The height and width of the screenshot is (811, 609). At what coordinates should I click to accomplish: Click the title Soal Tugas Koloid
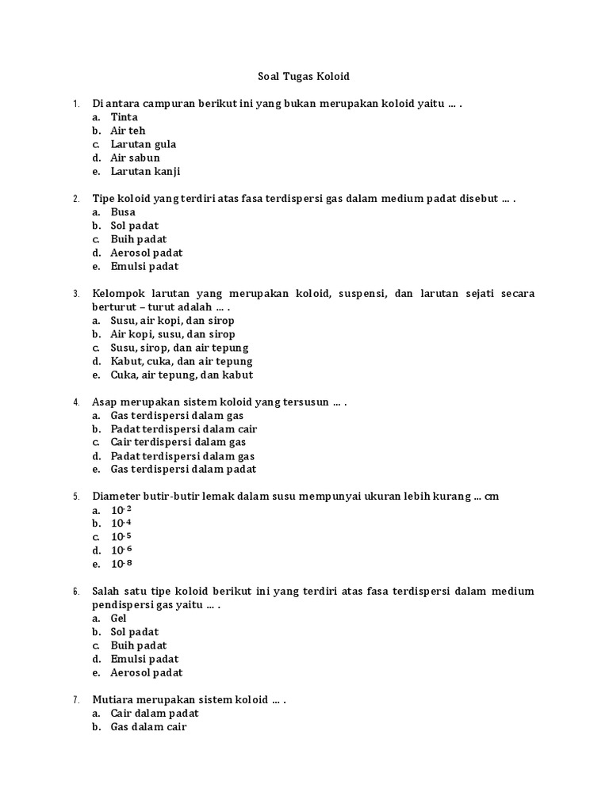[304, 77]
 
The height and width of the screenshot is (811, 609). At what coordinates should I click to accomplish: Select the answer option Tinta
[124, 117]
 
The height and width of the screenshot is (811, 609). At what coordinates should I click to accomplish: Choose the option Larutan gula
[143, 144]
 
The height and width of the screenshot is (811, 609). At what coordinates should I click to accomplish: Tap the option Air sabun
[135, 158]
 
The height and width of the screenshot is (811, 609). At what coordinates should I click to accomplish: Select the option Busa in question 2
[123, 212]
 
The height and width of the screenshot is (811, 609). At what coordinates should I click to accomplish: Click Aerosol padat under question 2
[146, 253]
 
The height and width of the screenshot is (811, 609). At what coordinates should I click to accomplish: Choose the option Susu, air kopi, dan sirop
[172, 321]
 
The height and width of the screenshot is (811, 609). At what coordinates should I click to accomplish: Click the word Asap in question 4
[105, 402]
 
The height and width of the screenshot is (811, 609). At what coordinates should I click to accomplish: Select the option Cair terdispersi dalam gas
[178, 443]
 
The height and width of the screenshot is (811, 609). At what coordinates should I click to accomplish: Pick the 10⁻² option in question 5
[121, 510]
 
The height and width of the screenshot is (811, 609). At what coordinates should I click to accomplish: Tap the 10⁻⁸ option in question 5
[121, 564]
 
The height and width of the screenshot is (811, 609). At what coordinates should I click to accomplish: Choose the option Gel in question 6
[118, 619]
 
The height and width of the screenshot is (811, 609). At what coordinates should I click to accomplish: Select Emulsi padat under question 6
[144, 659]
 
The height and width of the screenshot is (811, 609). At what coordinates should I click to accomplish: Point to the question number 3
[76, 294]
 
